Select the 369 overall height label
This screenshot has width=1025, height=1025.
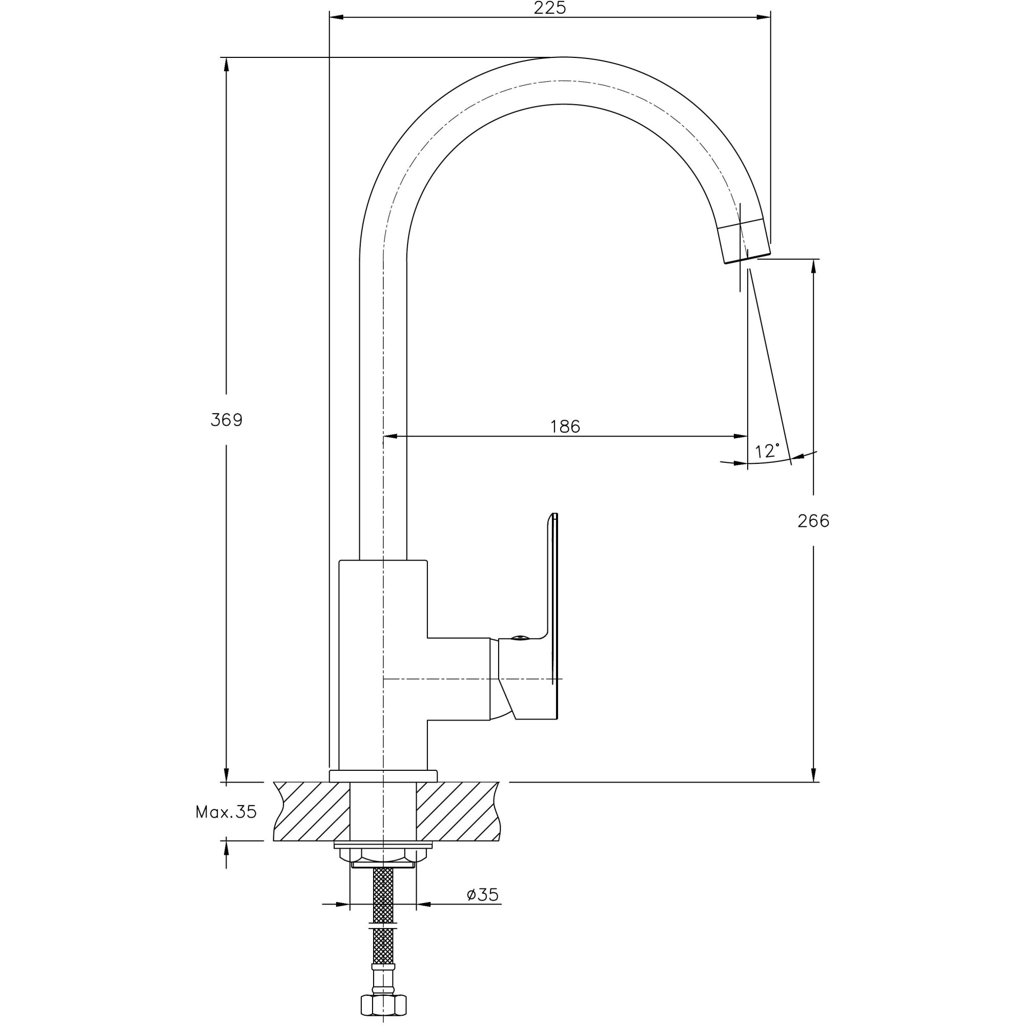(x=227, y=420)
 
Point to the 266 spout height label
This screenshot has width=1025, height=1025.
(x=813, y=521)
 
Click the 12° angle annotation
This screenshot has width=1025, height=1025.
(x=767, y=451)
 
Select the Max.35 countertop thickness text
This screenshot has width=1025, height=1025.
(x=226, y=812)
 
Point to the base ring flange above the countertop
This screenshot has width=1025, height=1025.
(x=383, y=776)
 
